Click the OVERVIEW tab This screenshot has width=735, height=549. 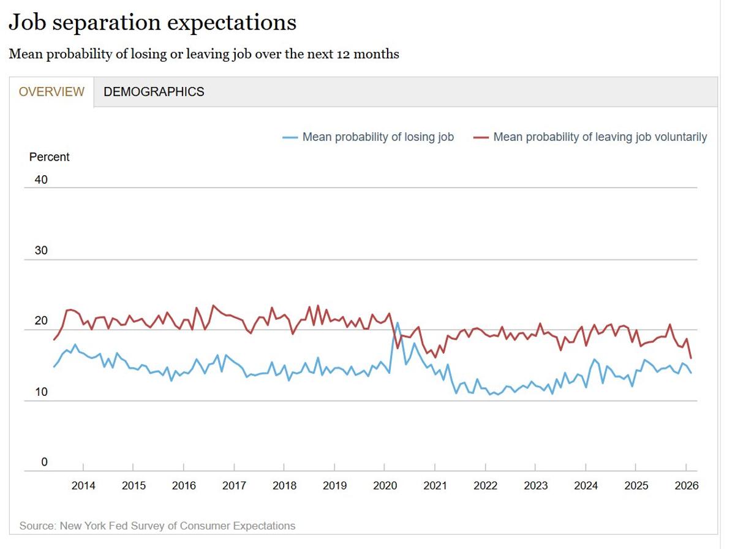[51, 92]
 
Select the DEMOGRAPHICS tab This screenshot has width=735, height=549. [154, 92]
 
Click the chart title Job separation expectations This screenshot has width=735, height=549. [153, 23]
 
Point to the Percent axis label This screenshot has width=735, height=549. [50, 157]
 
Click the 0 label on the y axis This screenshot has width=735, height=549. [44, 462]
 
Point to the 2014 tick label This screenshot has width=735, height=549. [83, 486]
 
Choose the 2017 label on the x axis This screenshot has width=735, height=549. [234, 486]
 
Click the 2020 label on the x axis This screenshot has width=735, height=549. [385, 486]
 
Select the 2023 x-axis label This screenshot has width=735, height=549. [536, 486]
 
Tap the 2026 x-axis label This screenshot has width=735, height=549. [686, 486]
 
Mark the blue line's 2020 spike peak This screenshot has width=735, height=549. [398, 322]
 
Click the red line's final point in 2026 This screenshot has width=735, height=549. [691, 358]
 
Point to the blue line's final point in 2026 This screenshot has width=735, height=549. [691, 373]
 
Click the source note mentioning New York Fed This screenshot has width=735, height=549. [157, 526]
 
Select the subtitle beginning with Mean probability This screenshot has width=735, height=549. [204, 54]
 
